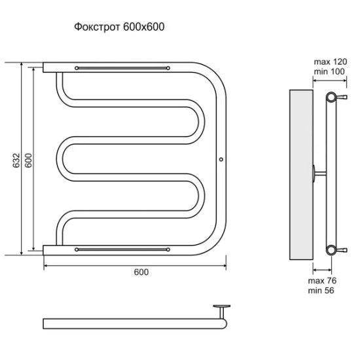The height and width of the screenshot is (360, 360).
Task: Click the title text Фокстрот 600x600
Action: pyautogui.click(x=119, y=27)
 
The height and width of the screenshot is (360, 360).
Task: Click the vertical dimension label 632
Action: pyautogui.click(x=16, y=160)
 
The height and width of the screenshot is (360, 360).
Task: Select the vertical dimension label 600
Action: pyautogui.click(x=28, y=160)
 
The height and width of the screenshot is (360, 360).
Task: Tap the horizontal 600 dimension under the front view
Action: pyautogui.click(x=141, y=272)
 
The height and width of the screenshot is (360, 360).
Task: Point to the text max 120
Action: pyautogui.click(x=331, y=62)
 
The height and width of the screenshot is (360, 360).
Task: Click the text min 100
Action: pyautogui.click(x=329, y=71)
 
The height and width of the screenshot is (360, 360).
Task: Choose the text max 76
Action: pyautogui.click(x=322, y=281)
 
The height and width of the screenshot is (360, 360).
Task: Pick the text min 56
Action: pyautogui.click(x=321, y=291)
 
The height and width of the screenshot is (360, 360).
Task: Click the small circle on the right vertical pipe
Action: pyautogui.click(x=221, y=159)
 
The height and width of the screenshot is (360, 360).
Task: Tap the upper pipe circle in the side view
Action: pyautogui.click(x=331, y=97)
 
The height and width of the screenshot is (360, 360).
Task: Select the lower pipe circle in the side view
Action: pyautogui.click(x=331, y=250)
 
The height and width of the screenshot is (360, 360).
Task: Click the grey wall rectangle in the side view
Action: pyautogui.click(x=301, y=175)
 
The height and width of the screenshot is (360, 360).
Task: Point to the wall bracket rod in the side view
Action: pyautogui.click(x=320, y=173)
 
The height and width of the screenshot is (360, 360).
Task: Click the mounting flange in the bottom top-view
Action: pyautogui.click(x=221, y=306)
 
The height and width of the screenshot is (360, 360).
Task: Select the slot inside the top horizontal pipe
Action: pyautogui.click(x=122, y=68)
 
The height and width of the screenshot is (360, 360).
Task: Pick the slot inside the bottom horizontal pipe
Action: pyautogui.click(x=122, y=249)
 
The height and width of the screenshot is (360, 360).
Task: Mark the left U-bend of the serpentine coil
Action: pyautogui.click(x=60, y=159)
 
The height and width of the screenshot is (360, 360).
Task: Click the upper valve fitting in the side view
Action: pyautogui.click(x=342, y=97)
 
